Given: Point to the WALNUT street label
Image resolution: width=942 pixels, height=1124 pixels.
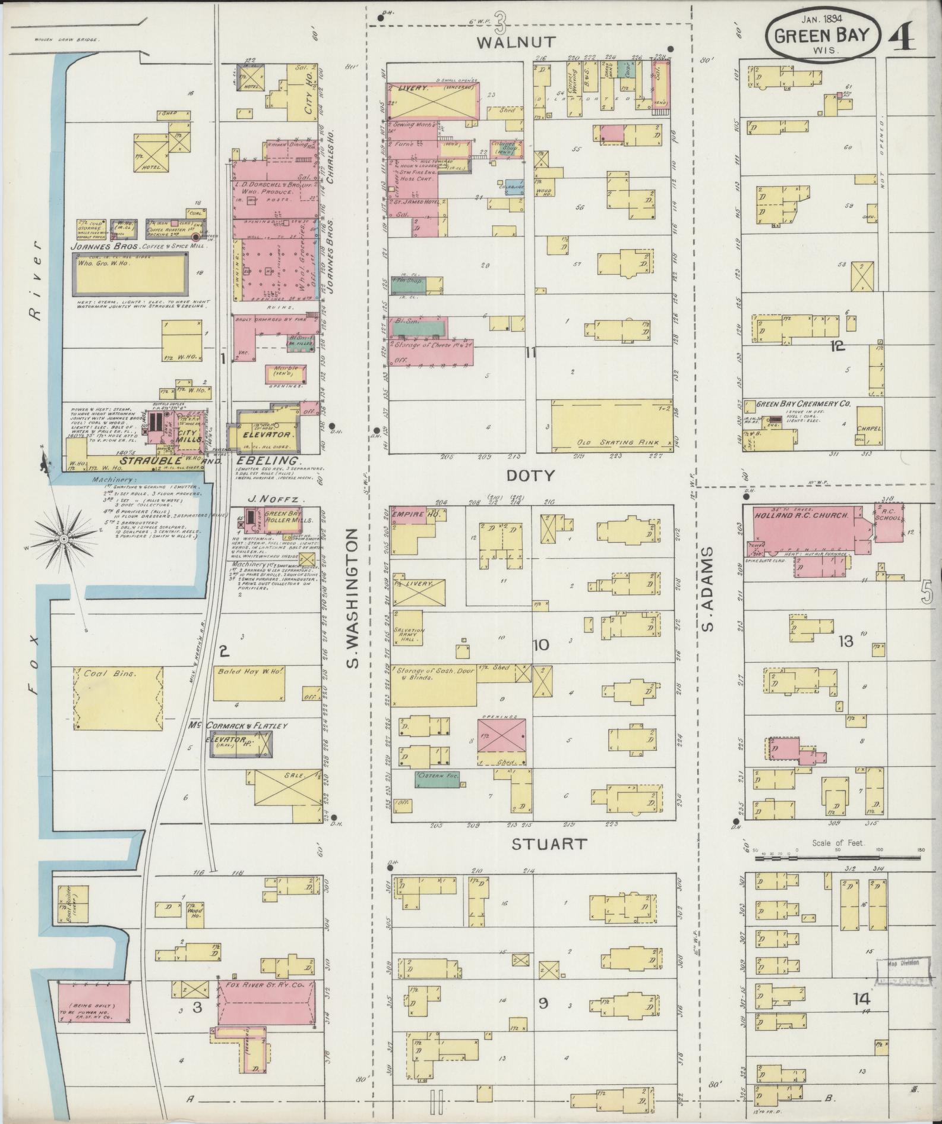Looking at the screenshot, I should [x=517, y=42].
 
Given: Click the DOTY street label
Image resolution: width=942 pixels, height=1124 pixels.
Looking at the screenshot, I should [x=530, y=476].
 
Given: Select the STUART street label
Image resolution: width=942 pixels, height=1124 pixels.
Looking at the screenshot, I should [x=549, y=844].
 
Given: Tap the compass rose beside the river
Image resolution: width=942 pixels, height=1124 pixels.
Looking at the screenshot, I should [x=64, y=539].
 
